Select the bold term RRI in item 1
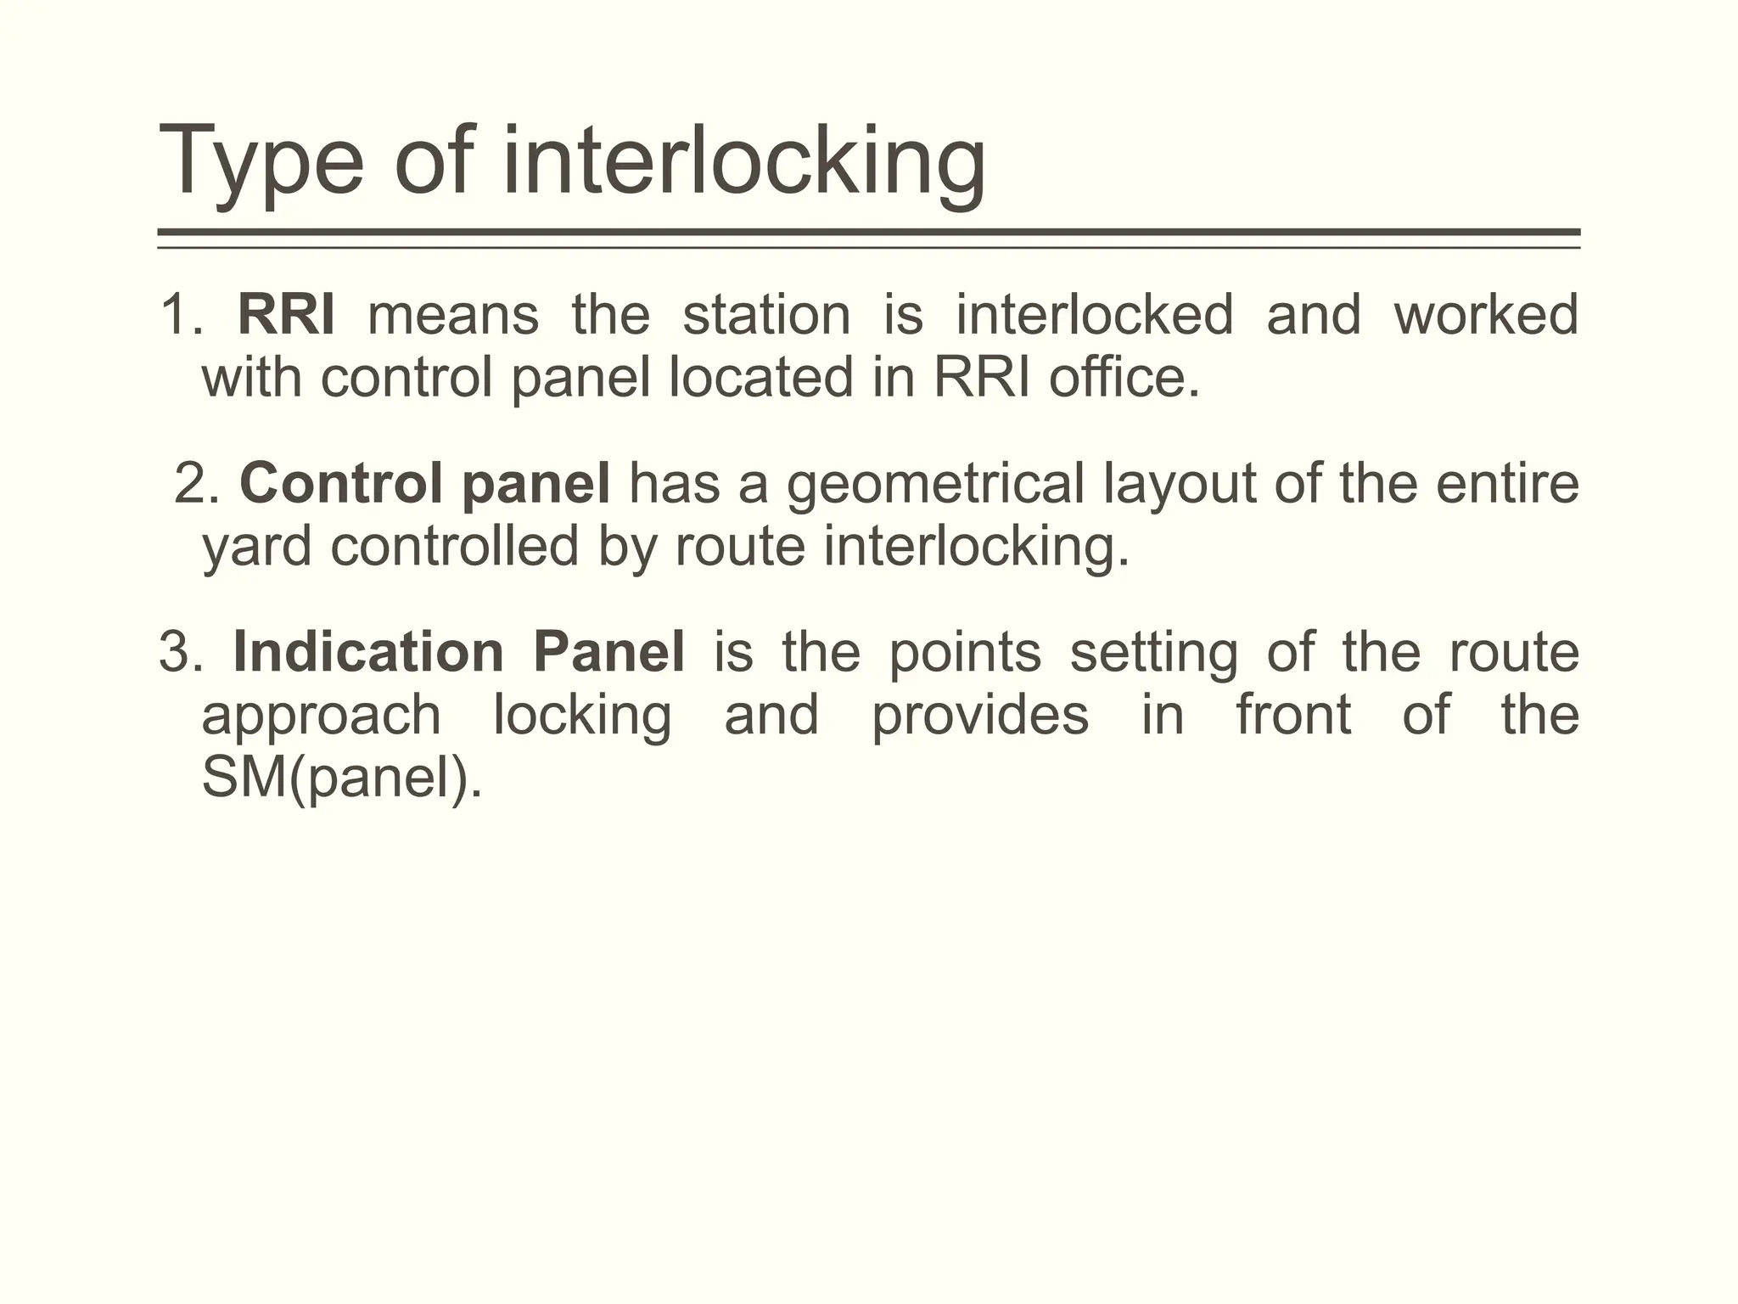[x=286, y=314]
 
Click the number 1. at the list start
[x=181, y=314]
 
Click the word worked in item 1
[x=1485, y=314]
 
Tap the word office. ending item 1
[x=1124, y=377]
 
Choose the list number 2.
[x=197, y=483]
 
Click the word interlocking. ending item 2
[x=977, y=547]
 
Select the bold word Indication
[x=368, y=652]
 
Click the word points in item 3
[x=964, y=654]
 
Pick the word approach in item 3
[x=321, y=716]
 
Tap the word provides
[x=979, y=716]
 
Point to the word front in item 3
[x=1292, y=715]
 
